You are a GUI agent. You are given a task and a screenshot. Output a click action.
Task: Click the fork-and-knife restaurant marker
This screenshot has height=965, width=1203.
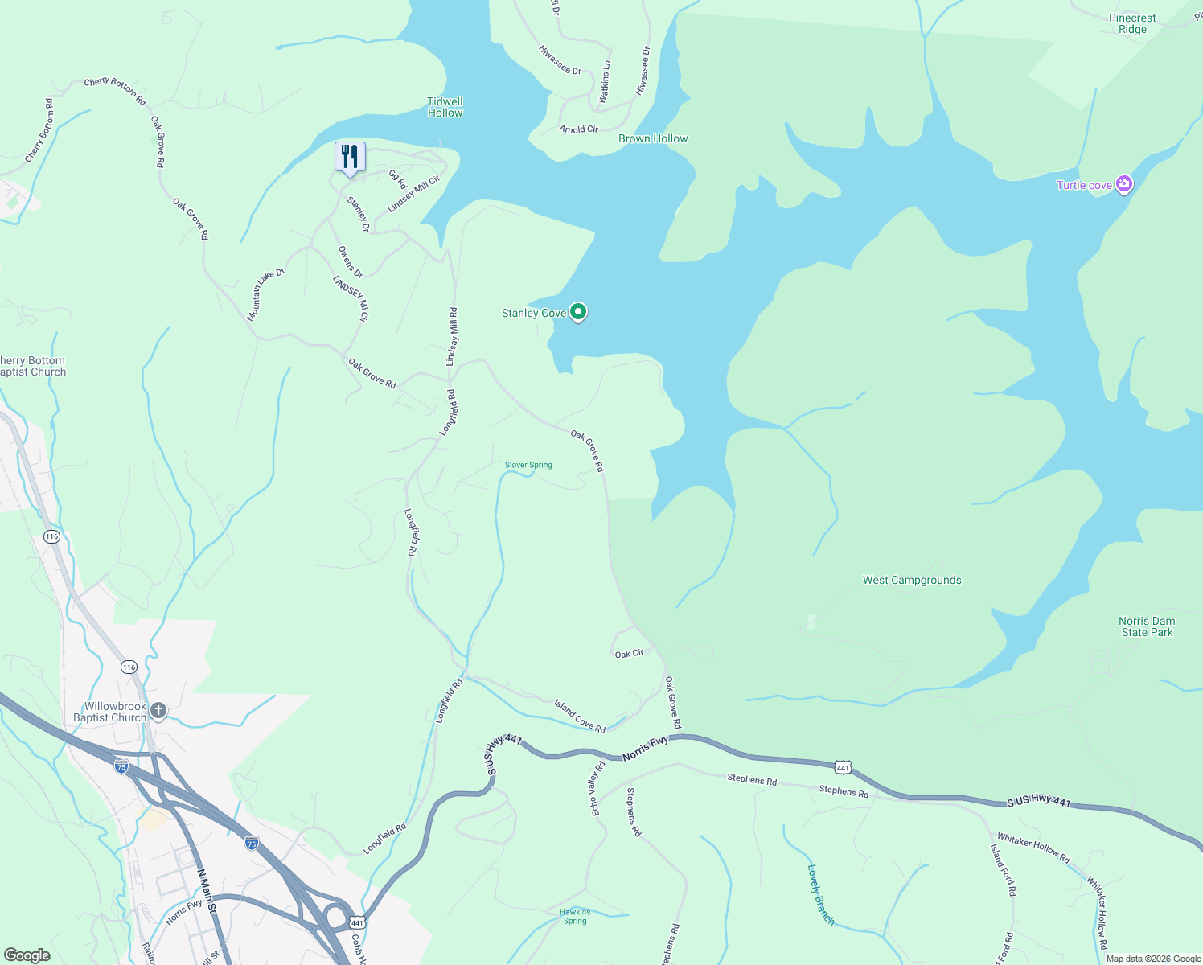point(350,156)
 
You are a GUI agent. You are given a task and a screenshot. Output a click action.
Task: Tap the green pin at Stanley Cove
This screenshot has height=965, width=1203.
point(577,311)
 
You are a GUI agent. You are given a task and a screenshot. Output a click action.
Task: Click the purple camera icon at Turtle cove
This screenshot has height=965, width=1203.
point(1124,185)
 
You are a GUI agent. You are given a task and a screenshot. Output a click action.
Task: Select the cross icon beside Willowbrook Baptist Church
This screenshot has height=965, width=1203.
point(158,710)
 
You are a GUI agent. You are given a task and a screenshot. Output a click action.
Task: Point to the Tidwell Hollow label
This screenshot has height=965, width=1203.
point(445,107)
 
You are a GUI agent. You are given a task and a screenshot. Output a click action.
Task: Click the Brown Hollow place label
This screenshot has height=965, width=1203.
point(653,138)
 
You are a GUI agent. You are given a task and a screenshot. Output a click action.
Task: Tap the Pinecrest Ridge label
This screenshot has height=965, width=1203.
point(1132,23)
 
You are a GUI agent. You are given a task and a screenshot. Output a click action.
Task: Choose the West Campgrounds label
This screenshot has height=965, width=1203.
point(912,580)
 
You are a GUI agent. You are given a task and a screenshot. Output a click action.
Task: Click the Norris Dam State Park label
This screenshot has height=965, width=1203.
point(1147,626)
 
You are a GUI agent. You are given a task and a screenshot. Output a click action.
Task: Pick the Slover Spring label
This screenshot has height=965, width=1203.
point(528,465)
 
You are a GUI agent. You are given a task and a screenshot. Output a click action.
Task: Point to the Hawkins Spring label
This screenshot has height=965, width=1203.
point(575,916)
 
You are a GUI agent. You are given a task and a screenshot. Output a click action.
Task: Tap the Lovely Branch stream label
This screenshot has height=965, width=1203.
point(821,894)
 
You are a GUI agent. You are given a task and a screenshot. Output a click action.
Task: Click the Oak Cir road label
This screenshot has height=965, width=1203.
point(629,654)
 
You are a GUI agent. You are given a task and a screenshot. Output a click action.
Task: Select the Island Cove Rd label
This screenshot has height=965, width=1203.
point(579,716)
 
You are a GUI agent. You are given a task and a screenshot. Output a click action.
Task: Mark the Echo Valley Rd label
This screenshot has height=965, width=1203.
point(597,789)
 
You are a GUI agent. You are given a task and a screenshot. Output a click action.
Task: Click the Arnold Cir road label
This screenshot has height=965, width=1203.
point(579,129)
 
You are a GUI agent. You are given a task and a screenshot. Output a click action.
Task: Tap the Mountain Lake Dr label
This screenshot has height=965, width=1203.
point(265,294)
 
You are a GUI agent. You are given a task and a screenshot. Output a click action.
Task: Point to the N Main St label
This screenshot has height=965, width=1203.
point(207,889)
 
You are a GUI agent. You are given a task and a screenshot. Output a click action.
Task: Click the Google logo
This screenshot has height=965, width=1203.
point(27,955)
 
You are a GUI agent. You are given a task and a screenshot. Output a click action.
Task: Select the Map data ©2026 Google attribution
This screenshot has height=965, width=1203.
point(1153,959)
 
